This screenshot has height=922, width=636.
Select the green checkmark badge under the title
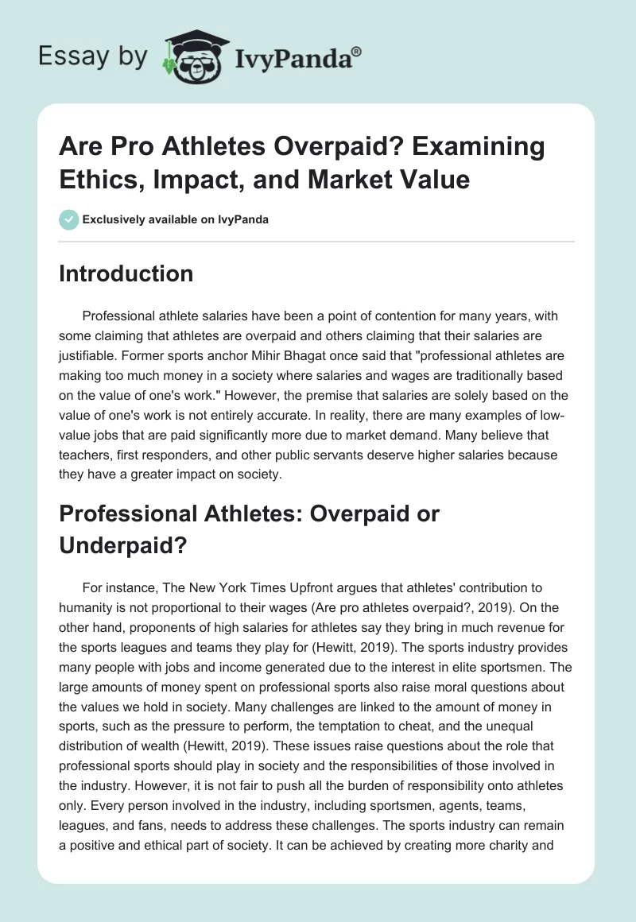[x=68, y=219]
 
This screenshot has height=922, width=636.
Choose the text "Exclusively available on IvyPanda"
[x=176, y=220]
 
